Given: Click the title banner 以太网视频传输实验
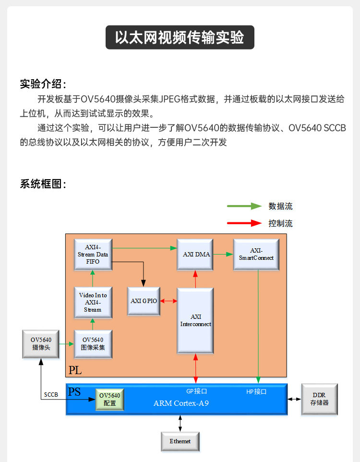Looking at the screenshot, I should [x=180, y=37].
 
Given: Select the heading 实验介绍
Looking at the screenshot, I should [x=43, y=84].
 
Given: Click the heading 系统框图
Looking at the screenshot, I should [x=43, y=183].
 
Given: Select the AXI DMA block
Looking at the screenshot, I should [x=196, y=254].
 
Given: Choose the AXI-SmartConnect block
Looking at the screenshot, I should [x=256, y=254].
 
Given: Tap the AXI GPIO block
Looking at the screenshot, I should [x=144, y=301].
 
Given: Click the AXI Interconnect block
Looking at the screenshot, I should [x=195, y=320].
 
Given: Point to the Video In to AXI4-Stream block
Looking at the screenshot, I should [x=93, y=303].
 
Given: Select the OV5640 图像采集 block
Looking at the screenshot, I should [x=93, y=344].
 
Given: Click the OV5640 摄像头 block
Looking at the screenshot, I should [x=41, y=344].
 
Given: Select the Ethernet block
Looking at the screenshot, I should [x=180, y=441].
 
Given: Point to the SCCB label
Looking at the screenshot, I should [x=50, y=395].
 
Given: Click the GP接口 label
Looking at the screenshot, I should [x=196, y=391].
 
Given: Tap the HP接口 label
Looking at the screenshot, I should [x=256, y=391].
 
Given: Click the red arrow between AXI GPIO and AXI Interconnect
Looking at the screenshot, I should [x=168, y=301].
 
